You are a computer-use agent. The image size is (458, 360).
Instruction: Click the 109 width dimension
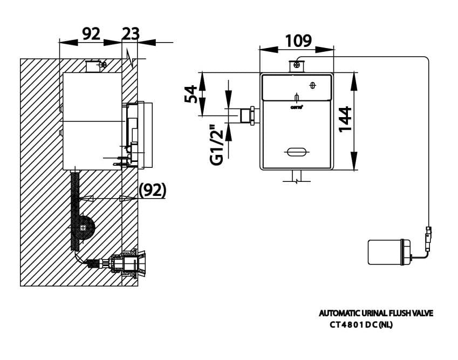(x=298, y=40)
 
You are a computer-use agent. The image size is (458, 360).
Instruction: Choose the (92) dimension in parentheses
(x=152, y=190)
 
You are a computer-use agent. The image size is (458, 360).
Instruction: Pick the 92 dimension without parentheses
(x=91, y=33)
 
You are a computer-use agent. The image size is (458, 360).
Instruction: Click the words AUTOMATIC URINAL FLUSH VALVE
(x=375, y=313)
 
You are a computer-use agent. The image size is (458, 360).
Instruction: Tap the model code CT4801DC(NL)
(x=361, y=325)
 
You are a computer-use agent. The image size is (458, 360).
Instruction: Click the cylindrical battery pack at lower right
(x=387, y=252)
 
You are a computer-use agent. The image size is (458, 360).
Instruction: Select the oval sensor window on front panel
(x=296, y=152)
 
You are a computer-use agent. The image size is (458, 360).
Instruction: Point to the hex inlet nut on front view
(x=250, y=116)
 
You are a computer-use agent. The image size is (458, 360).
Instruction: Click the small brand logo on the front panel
(x=296, y=107)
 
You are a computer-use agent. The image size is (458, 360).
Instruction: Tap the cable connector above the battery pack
(x=429, y=237)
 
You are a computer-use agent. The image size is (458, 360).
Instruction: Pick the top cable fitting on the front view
(x=296, y=66)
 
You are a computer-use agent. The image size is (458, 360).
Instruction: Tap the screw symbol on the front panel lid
(x=313, y=85)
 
